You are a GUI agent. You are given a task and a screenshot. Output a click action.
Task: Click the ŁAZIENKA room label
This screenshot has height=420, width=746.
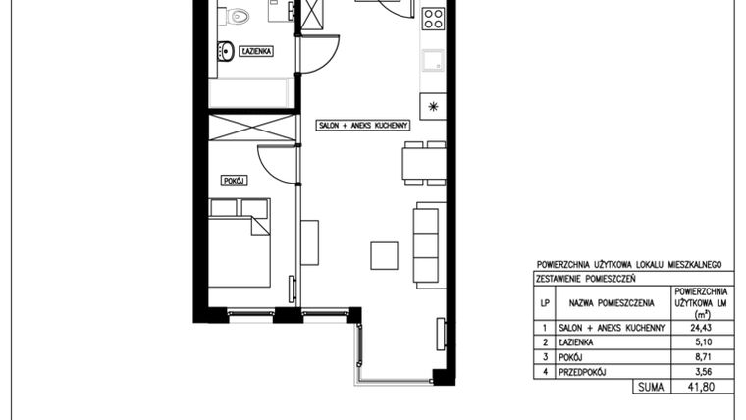pos(256,51)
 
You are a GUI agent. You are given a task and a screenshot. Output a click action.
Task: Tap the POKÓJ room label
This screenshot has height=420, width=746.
pos(234,181)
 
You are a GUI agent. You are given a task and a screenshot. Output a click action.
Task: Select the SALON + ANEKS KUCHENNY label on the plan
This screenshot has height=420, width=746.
pos(363,125)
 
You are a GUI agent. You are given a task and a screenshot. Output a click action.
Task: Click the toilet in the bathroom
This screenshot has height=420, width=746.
pos(237,17)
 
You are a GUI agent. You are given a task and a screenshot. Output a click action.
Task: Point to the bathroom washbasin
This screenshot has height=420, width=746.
pos(226,51)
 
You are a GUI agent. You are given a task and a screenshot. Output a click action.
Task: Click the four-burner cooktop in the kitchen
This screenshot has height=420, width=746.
pos(434,19)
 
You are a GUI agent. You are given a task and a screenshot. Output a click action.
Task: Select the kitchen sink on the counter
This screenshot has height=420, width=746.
pos(433,61)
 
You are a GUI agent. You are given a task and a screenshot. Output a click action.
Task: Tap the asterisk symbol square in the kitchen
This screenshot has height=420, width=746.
pos(433,107)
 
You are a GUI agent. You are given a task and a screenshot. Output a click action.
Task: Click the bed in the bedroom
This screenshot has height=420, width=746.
pos(240,243)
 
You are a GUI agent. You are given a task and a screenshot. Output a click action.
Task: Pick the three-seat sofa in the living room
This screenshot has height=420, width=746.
pos(430,245)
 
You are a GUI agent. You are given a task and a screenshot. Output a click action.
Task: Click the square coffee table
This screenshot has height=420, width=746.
pos(385,255)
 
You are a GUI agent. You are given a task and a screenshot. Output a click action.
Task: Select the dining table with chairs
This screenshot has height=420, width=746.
pos(424,163)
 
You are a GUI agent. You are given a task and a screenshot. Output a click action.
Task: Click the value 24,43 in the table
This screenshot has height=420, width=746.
pos(701,327)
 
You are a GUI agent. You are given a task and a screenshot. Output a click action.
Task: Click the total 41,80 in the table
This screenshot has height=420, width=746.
pos(701,387)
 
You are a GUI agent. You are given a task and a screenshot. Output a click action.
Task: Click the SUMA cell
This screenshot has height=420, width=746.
pos(651,387)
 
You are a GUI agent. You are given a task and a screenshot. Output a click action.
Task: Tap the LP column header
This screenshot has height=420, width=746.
pos(545,302)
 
